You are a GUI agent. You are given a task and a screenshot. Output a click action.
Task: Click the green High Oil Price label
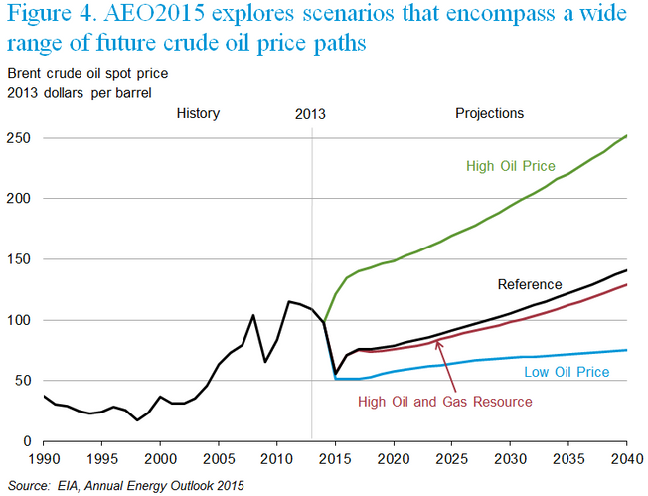tap(509, 166)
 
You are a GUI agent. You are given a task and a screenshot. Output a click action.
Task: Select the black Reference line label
tap(529, 284)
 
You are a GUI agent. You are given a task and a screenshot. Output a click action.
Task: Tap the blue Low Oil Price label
tap(567, 372)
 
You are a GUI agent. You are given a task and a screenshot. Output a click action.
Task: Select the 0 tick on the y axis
tap(26, 440)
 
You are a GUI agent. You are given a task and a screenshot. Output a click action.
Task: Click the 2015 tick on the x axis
tap(337, 460)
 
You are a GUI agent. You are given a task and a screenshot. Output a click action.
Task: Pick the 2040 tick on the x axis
tap(625, 460)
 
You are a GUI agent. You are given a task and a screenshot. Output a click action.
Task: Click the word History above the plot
tap(198, 113)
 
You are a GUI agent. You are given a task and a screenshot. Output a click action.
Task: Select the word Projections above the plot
tap(489, 113)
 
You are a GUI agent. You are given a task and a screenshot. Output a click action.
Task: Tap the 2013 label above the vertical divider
tap(311, 114)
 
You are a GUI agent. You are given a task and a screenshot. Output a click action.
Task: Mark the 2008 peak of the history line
tap(253, 315)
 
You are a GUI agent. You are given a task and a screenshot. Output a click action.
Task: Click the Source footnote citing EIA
tap(126, 485)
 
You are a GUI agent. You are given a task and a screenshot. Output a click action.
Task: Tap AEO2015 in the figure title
tap(154, 17)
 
